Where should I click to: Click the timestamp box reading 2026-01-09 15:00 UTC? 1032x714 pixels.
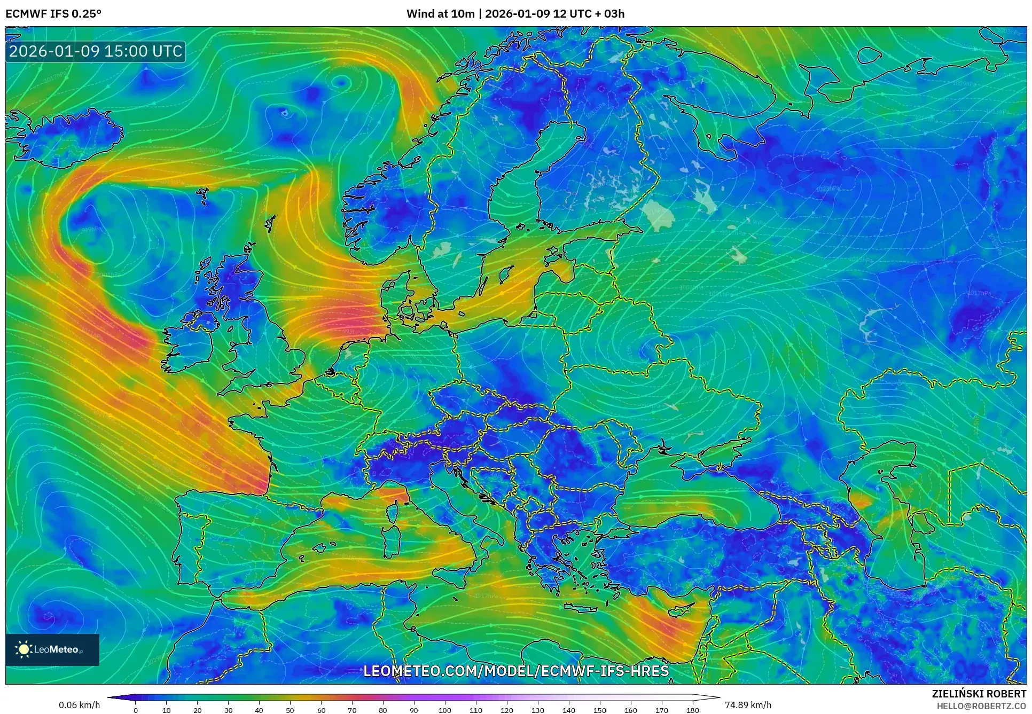[x=96, y=51]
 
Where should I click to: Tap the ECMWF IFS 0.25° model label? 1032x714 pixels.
[x=53, y=14]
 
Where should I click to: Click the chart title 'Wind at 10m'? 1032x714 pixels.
[x=440, y=14]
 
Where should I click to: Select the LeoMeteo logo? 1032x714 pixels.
[x=52, y=649]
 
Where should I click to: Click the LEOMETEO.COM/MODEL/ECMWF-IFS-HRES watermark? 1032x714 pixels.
[x=516, y=671]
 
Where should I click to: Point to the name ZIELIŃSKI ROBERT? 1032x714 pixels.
[x=979, y=694]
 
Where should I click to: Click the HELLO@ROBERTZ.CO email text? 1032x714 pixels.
[x=981, y=706]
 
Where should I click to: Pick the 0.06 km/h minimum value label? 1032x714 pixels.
[x=79, y=705]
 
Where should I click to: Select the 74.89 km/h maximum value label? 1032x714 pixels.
[x=748, y=705]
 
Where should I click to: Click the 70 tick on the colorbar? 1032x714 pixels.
[x=352, y=710]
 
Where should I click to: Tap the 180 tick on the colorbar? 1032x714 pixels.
[x=692, y=710]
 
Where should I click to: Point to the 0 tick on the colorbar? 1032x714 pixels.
[x=136, y=710]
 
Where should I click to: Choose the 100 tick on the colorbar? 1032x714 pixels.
[x=445, y=710]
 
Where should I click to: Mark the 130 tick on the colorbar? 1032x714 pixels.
[x=538, y=710]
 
